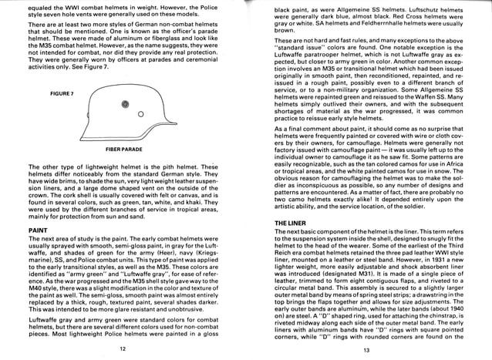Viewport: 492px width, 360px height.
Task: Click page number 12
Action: coord(122,349)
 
